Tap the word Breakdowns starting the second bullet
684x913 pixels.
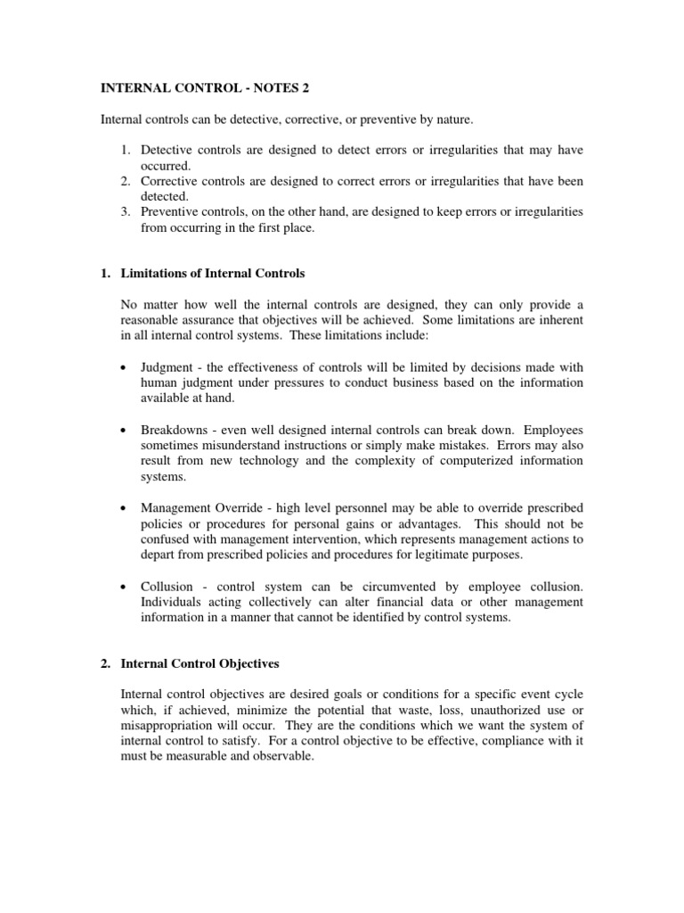coord(174,430)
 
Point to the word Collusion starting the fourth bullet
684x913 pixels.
coord(167,586)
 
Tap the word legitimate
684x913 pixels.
coord(444,555)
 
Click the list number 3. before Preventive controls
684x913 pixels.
coord(127,212)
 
